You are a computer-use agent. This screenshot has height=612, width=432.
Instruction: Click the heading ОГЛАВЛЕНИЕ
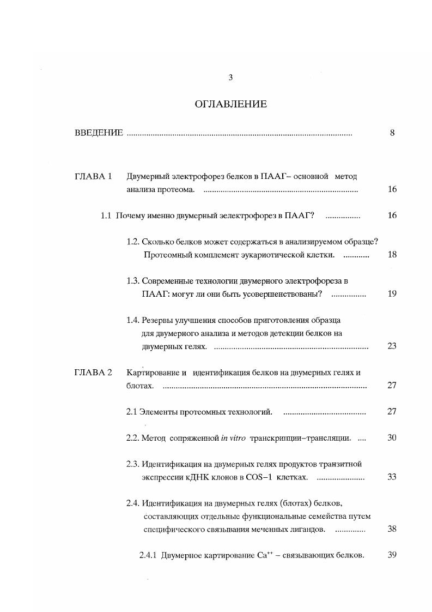[230, 104]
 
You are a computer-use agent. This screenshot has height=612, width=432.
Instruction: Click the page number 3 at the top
[230, 77]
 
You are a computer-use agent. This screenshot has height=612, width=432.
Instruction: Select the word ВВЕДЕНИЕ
[98, 133]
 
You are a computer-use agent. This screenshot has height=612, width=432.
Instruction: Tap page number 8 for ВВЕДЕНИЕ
[392, 133]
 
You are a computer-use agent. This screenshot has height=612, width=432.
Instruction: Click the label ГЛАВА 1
[93, 176]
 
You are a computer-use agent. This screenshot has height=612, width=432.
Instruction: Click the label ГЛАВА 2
[93, 372]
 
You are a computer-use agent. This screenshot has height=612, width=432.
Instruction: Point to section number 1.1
[106, 215]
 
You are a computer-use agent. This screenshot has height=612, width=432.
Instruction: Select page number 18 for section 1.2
[392, 255]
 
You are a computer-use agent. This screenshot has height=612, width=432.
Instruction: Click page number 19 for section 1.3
[392, 293]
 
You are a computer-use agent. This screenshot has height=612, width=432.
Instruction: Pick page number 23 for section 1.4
[392, 346]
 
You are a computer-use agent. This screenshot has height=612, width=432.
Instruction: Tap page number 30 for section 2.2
[392, 437]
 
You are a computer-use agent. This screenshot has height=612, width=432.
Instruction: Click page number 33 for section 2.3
[392, 477]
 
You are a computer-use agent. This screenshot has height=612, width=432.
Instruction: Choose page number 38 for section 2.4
[392, 529]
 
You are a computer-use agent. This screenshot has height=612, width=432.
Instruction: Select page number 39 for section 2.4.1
[392, 555]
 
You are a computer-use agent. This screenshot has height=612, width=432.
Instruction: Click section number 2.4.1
[148, 555]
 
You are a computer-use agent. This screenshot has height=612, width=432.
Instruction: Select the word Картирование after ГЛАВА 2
[149, 372]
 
